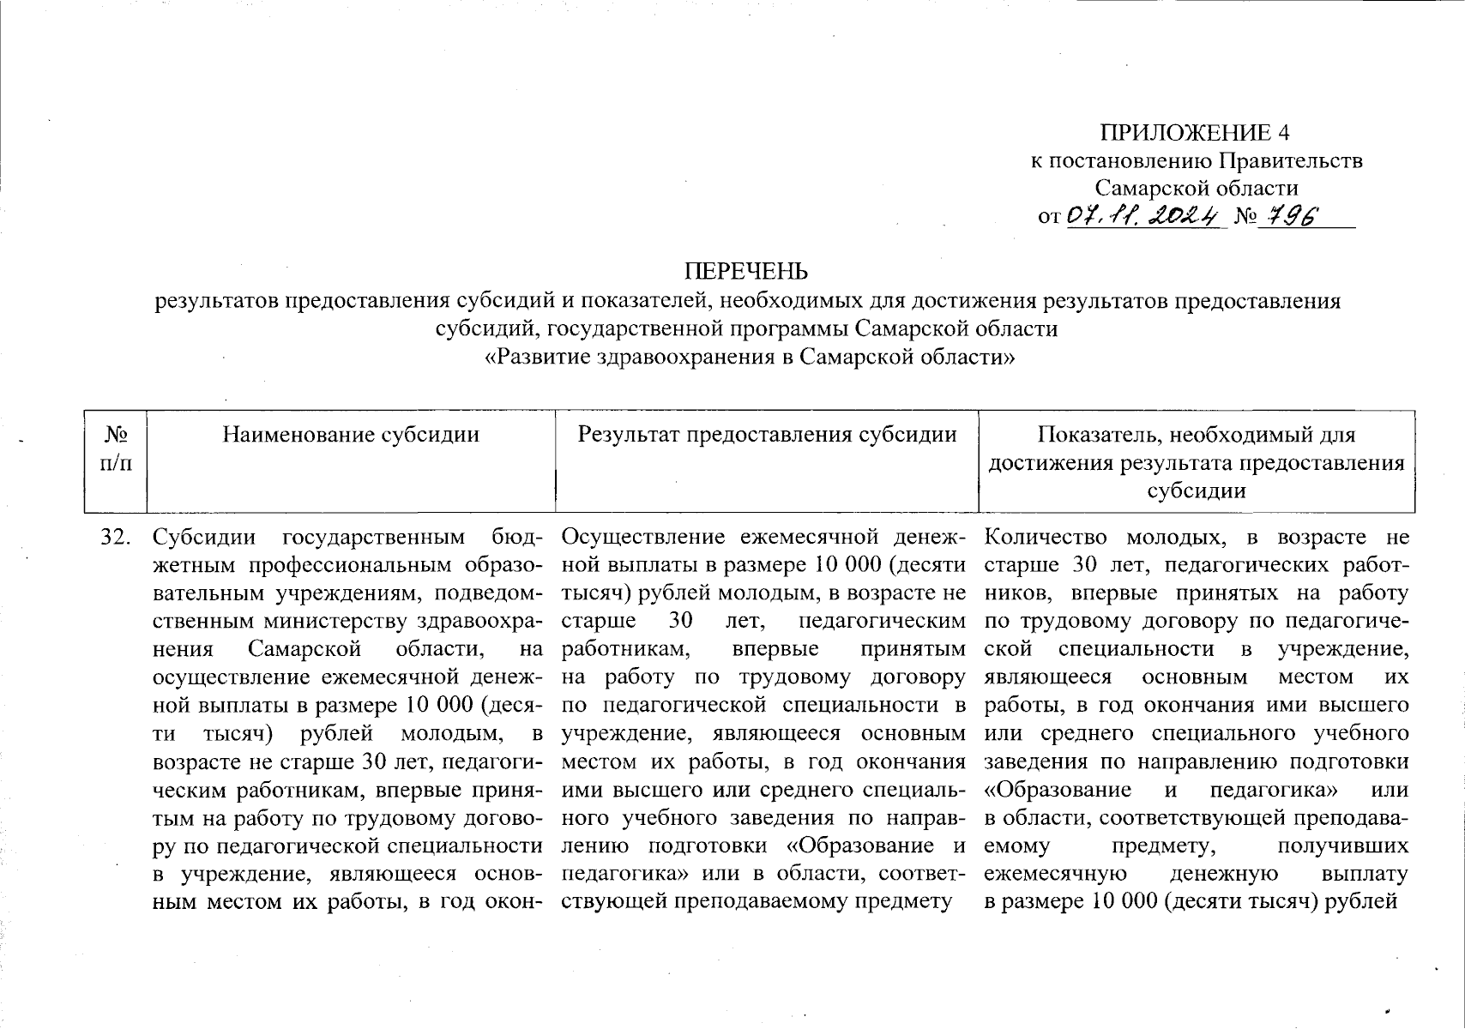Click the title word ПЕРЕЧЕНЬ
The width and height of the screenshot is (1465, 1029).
point(746,272)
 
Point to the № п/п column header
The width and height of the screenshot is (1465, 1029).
point(117,448)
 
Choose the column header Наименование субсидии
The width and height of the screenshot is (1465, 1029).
point(351,435)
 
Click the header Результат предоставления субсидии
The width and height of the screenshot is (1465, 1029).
point(767,435)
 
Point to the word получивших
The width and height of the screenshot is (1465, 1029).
point(1342,846)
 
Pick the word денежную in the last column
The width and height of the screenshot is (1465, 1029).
point(1224,875)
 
